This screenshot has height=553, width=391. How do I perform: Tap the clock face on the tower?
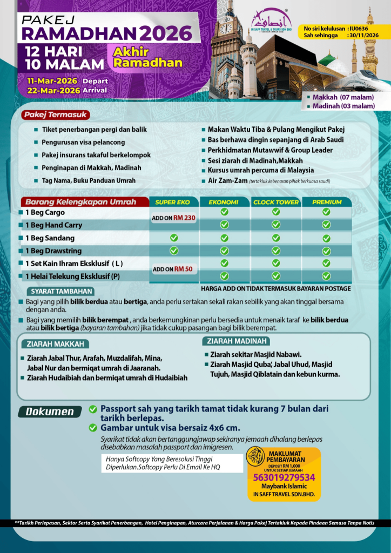pyautogui.click(x=226, y=28)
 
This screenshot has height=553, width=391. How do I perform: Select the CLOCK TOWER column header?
pyautogui.click(x=275, y=202)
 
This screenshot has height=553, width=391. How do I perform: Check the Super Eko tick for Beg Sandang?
pyautogui.click(x=173, y=238)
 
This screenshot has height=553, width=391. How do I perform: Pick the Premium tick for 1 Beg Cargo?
pyautogui.click(x=326, y=212)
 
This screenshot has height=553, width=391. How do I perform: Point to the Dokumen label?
pyautogui.click(x=50, y=412)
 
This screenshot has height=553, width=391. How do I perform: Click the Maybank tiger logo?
pyautogui.click(x=255, y=457)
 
